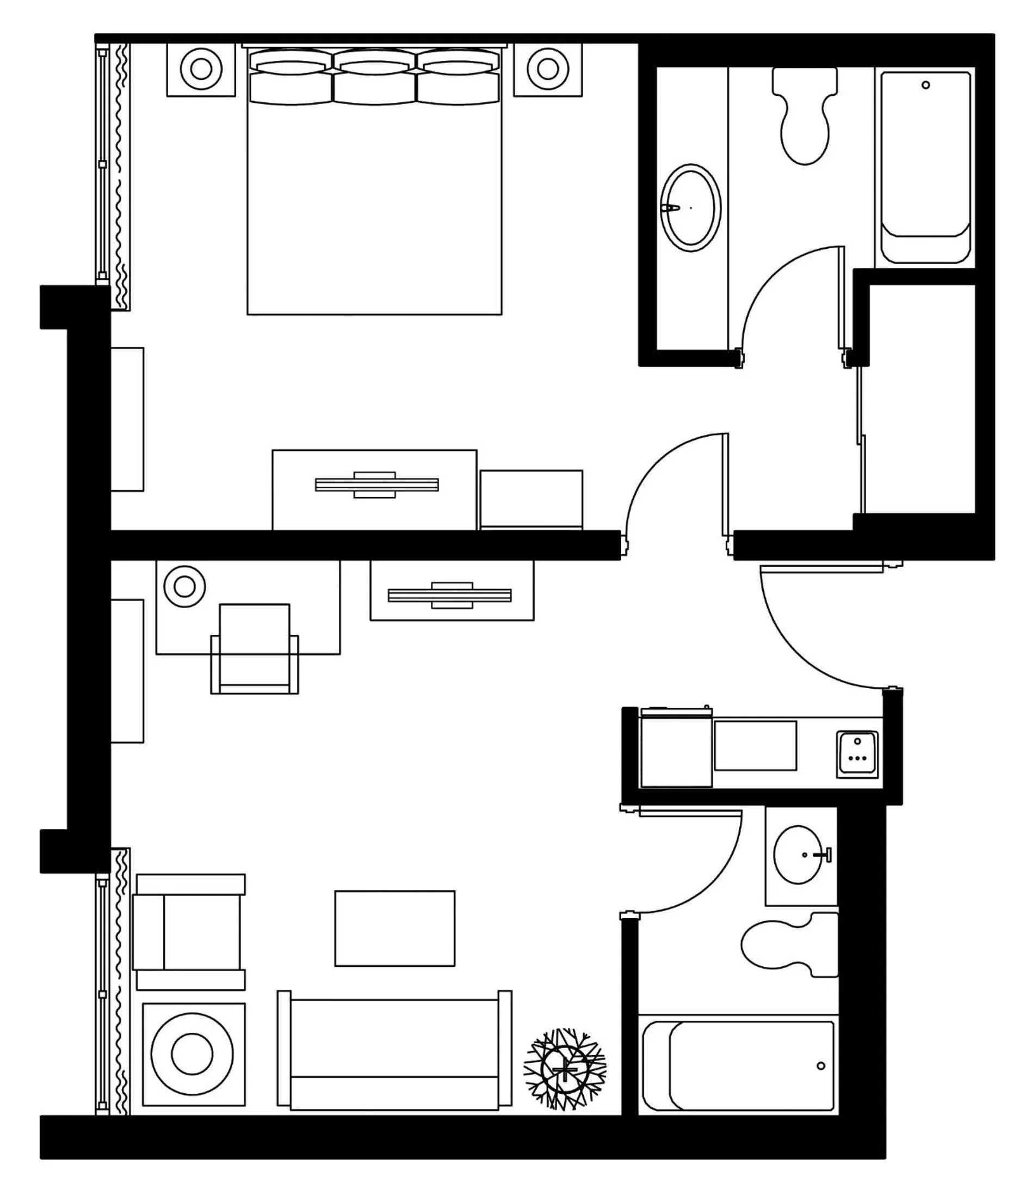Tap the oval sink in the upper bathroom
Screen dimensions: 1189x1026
(x=690, y=207)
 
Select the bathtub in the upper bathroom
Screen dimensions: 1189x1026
(x=924, y=167)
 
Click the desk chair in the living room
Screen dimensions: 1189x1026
(x=255, y=648)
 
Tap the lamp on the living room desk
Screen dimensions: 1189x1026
(x=184, y=586)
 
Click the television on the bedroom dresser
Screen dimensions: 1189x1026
(x=376, y=485)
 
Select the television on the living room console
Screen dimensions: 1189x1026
(x=450, y=595)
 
